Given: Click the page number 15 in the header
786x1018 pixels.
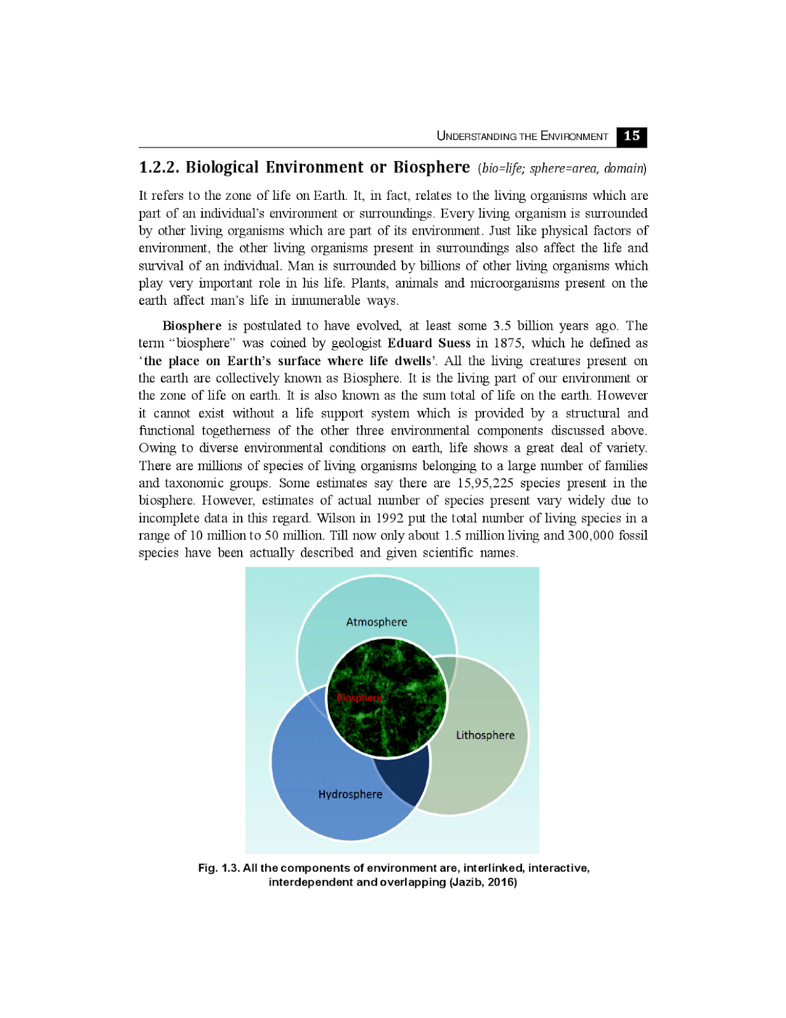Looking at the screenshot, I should point(631,136).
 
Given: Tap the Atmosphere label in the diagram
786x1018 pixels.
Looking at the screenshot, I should point(376,622).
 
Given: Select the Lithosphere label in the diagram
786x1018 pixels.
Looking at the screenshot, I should point(485,735).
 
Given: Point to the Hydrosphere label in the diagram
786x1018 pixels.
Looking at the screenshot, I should point(350,794).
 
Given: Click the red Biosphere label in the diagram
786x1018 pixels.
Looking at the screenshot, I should point(359,697).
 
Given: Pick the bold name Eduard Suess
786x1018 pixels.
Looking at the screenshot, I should point(429,343).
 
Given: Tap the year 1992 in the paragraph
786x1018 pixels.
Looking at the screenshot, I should point(390,518).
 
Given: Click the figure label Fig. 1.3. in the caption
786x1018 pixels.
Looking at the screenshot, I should point(218,868).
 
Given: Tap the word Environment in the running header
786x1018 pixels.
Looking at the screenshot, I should point(574,136).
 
